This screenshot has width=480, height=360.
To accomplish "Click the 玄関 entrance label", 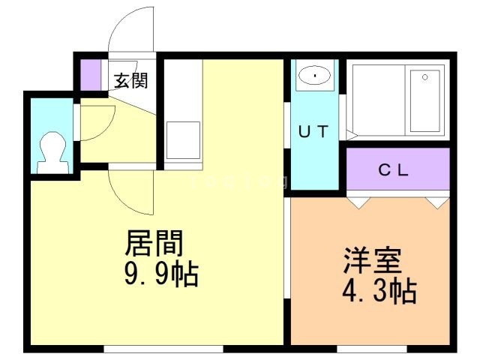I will pyautogui.click(x=130, y=80).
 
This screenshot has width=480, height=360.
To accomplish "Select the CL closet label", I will pyautogui.click(x=393, y=169).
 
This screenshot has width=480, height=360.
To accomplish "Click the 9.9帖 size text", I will pyautogui.click(x=160, y=275).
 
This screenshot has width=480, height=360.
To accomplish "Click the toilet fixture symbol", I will pyautogui.click(x=52, y=150).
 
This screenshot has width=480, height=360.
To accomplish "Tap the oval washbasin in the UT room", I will pyautogui.click(x=315, y=76).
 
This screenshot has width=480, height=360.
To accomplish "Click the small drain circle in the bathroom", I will pyautogui.click(x=425, y=76).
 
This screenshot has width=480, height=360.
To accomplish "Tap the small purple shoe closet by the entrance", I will pyautogui.click(x=91, y=73).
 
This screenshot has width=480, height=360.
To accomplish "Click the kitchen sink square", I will pyautogui.click(x=181, y=140).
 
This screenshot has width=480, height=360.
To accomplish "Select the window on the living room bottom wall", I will pyautogui.click(x=163, y=348).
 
